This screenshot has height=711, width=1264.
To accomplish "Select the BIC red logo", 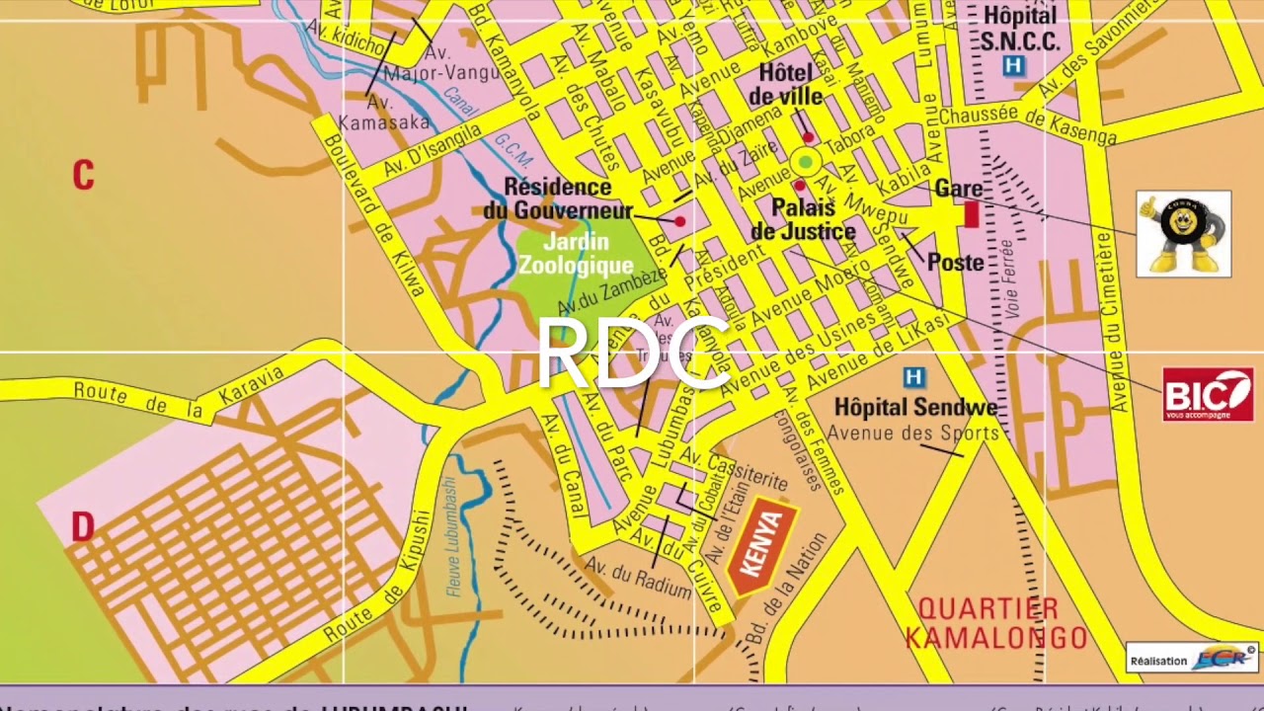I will pyautogui.click(x=1207, y=394).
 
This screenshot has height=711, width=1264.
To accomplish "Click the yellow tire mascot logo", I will pyautogui.click(x=1183, y=233).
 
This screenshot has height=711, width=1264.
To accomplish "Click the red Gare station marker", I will pyautogui.click(x=971, y=214).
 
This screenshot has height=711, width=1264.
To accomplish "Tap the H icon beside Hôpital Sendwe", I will pyautogui.click(x=914, y=377).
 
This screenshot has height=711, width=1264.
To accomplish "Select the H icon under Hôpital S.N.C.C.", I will pyautogui.click(x=1013, y=66).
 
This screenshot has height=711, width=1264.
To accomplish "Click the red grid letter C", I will pyautogui.click(x=83, y=176).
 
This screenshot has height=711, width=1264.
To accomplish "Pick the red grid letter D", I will pyautogui.click(x=82, y=527).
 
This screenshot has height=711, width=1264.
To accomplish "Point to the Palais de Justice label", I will pyautogui.click(x=803, y=220).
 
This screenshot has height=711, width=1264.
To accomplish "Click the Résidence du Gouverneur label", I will pyautogui.click(x=558, y=198).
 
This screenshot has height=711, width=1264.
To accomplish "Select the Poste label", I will pyautogui.click(x=955, y=263).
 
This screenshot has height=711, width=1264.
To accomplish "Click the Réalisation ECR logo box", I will pyautogui.click(x=1192, y=659).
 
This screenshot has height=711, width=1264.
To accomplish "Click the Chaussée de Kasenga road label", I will pyautogui.click(x=1027, y=125).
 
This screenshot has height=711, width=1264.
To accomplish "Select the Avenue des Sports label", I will pyautogui.click(x=912, y=433).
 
